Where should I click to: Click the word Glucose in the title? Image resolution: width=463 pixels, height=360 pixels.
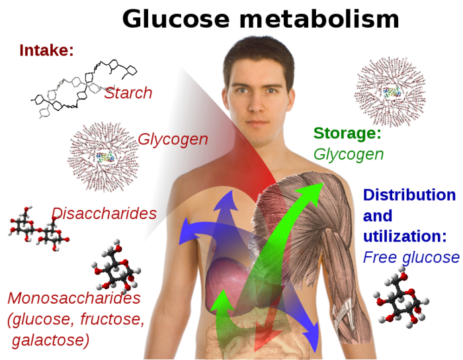[176, 19]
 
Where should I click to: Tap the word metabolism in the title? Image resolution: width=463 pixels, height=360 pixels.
[319, 19]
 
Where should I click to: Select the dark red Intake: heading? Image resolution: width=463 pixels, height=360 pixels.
[46, 50]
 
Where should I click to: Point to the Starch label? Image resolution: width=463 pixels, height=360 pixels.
[128, 93]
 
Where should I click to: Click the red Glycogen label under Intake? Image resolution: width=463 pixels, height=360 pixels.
[173, 140]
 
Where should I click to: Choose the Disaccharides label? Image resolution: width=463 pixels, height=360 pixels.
[104, 213]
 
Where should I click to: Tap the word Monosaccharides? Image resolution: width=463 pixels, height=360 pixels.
[74, 298]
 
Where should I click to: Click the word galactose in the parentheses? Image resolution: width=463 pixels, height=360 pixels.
[50, 340]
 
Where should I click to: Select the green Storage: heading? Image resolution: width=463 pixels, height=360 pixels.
[347, 133]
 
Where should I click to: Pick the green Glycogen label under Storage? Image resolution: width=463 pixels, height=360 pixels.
[349, 154]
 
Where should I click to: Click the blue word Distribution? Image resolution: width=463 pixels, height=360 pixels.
[409, 195]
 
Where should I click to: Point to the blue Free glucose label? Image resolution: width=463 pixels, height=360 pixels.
[411, 257]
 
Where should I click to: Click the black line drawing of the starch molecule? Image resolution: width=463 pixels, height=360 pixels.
[84, 88]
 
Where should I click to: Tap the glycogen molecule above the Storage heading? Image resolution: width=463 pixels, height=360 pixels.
[390, 92]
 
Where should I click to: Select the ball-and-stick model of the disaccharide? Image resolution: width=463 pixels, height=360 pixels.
[38, 229]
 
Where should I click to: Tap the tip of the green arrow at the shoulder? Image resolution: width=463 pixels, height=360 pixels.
[323, 183]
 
